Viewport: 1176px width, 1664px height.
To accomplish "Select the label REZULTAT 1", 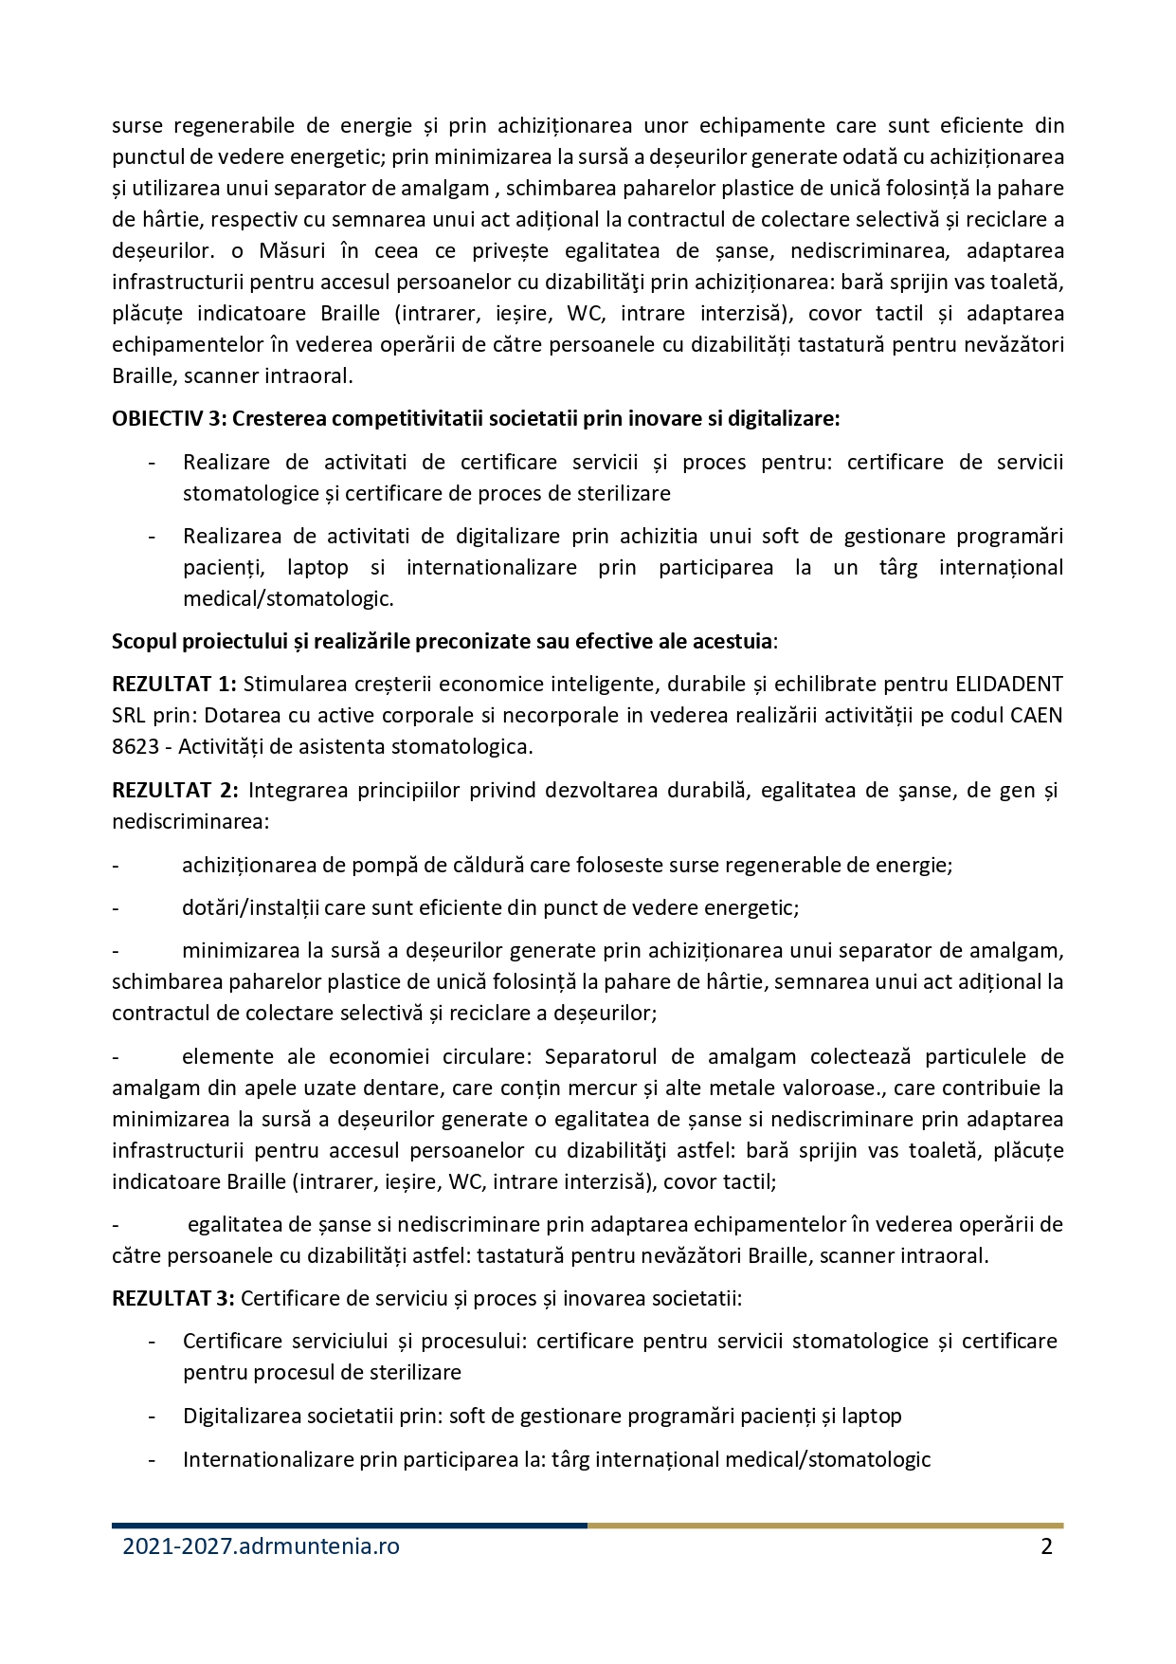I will coord(173,684).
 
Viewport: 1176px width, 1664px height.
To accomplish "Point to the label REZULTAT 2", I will coord(173,790).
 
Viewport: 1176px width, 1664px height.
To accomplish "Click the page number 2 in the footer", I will coord(1046,1546).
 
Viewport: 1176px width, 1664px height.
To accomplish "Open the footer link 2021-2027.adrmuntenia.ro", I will coord(261,1546).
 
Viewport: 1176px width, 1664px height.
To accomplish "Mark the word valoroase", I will coord(836,1088).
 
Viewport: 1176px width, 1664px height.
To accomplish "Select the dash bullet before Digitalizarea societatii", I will coord(152,1416).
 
